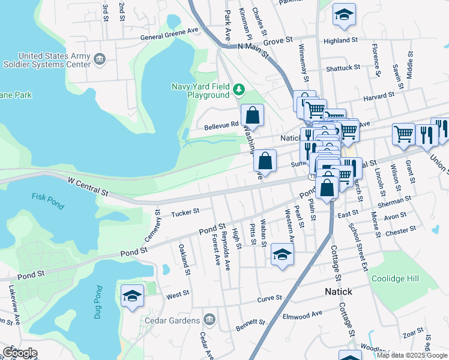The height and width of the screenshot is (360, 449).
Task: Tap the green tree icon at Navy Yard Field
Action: [240, 90]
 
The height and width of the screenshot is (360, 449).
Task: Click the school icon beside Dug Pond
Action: [133, 296]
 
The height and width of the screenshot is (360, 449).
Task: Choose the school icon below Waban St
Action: [283, 254]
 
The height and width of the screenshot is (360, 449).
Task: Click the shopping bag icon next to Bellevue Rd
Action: [253, 115]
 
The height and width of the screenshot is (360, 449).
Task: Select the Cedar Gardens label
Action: [173, 320]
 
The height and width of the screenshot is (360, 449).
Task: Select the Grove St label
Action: [278, 41]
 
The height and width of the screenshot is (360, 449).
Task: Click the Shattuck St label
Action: [343, 68]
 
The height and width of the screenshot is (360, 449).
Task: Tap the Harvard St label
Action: [379, 94]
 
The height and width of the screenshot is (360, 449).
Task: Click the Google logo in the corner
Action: [19, 353]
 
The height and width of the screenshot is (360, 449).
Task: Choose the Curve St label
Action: [270, 298]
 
